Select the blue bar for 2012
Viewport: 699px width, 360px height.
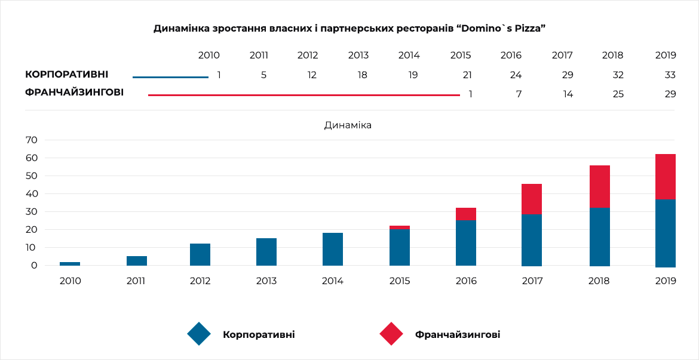(x=200, y=254)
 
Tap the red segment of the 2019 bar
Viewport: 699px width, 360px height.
(x=665, y=177)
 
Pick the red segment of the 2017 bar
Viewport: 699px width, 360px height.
(x=532, y=199)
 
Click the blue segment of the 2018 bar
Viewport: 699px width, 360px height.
(x=600, y=236)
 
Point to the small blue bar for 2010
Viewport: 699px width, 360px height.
(x=70, y=263)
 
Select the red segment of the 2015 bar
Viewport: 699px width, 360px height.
(x=400, y=227)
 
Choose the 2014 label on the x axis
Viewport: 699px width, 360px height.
(x=333, y=281)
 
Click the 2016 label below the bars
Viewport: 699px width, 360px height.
(x=466, y=281)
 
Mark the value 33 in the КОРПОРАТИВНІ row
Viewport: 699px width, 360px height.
(x=670, y=75)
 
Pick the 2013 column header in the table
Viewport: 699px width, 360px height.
(x=358, y=56)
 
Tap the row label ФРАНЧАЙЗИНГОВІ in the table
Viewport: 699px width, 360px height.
(x=75, y=93)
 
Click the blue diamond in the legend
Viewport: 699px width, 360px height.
(x=199, y=334)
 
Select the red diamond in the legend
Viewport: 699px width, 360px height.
(x=391, y=334)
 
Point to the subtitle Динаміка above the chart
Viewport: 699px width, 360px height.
(x=348, y=125)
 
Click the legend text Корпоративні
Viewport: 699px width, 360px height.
(x=259, y=334)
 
